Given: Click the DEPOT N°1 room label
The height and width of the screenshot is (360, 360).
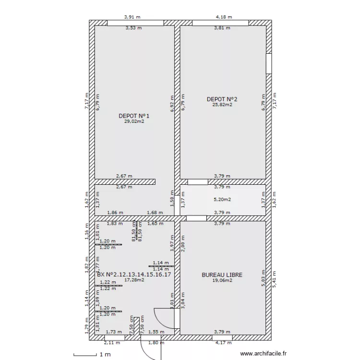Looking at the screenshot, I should [134, 116].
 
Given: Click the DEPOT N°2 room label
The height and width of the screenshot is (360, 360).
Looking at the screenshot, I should [222, 99].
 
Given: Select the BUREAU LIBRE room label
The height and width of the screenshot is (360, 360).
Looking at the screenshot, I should [222, 275].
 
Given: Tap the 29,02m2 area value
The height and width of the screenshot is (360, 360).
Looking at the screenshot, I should [134, 121].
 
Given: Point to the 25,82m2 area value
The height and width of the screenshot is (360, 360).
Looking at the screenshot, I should [222, 105].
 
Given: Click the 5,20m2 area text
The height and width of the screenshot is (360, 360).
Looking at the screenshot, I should [222, 199].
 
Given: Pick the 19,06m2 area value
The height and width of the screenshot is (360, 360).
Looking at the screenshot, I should [222, 281].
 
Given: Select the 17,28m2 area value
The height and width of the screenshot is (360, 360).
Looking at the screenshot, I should [134, 279].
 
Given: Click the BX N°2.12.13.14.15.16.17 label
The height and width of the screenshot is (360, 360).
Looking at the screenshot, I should [134, 274].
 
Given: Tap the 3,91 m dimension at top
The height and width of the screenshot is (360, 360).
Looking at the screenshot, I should [132, 17].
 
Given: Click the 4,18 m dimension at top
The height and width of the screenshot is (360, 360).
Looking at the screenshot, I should [224, 17].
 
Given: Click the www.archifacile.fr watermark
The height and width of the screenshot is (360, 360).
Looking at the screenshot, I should [263, 353].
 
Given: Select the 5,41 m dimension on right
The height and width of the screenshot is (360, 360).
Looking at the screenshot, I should [275, 279].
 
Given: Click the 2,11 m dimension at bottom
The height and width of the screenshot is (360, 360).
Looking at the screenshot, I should [111, 343].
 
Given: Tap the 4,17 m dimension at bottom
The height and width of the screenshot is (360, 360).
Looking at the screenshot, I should [222, 343].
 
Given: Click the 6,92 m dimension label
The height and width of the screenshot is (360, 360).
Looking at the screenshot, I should [172, 106].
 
